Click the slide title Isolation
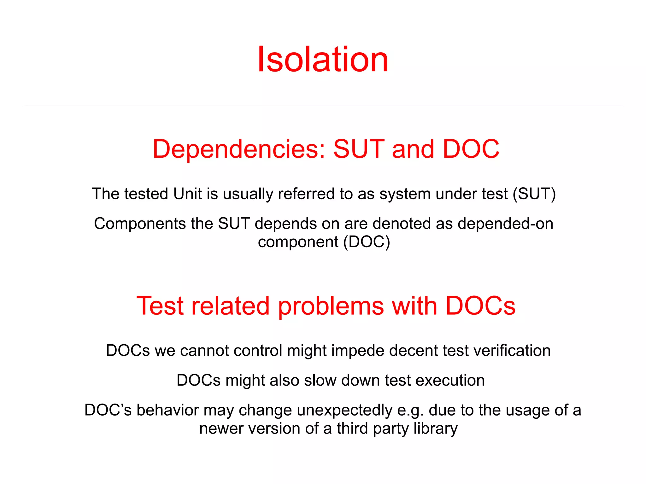pyautogui.click(x=323, y=59)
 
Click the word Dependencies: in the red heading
pyautogui.click(x=239, y=149)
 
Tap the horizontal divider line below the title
pyautogui.click(x=323, y=106)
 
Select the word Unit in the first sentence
pyautogui.click(x=187, y=194)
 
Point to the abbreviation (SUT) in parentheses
pyautogui.click(x=534, y=194)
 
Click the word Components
pyautogui.click(x=140, y=224)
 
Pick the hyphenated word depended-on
pyautogui.click(x=505, y=224)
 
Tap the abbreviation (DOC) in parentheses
pyautogui.click(x=367, y=242)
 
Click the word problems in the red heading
pyautogui.click(x=331, y=306)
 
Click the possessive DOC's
pyautogui.click(x=108, y=410)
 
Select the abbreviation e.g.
pyautogui.click(x=410, y=410)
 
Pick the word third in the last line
pyautogui.click(x=352, y=429)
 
